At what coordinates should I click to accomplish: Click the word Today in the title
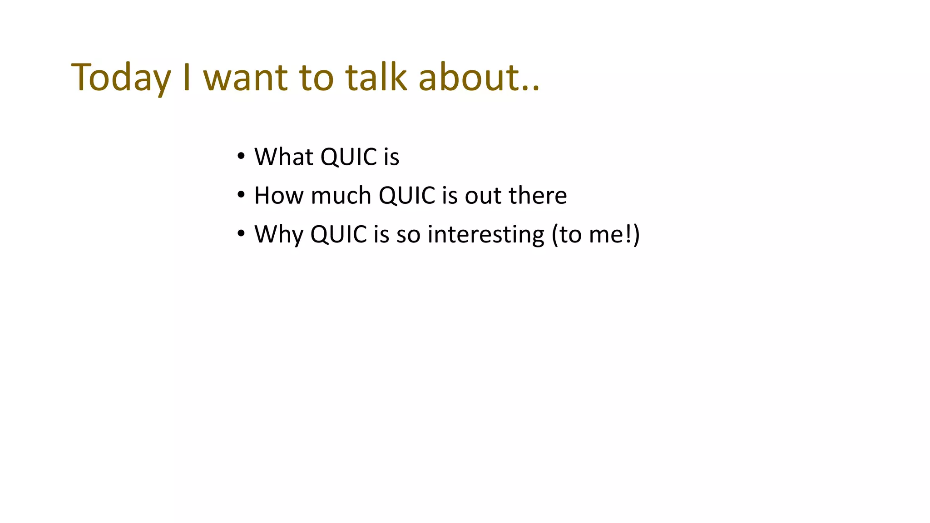[x=121, y=78]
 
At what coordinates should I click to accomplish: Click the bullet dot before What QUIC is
[x=241, y=157]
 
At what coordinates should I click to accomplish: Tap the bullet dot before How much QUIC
[x=241, y=195]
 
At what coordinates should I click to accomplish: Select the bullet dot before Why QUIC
[x=241, y=234]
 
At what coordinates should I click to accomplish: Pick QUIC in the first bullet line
[x=349, y=157]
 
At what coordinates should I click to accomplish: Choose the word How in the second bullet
[x=278, y=196]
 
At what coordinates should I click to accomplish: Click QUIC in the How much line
[x=407, y=196]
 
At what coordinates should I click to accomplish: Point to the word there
[x=538, y=196]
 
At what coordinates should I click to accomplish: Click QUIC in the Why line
[x=338, y=235]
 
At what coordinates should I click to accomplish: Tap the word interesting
[x=486, y=235]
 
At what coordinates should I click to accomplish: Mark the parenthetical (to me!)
[x=596, y=235]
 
